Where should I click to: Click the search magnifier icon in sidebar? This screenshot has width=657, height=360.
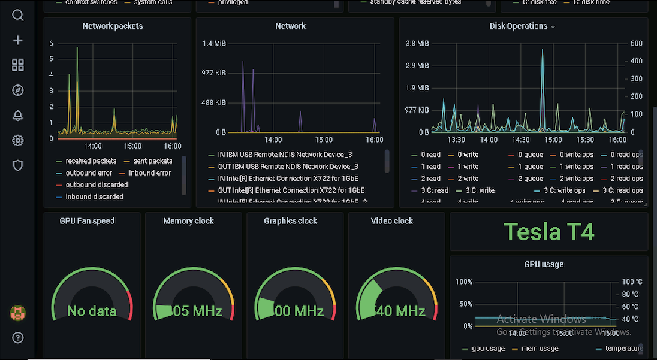click(x=18, y=15)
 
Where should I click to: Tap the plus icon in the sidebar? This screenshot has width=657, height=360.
click(x=18, y=40)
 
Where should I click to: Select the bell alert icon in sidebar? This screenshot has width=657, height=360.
click(x=18, y=116)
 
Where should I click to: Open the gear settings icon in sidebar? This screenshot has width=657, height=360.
click(x=18, y=141)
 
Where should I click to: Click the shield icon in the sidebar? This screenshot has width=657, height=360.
click(x=18, y=166)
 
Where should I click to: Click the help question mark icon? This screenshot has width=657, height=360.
click(x=18, y=338)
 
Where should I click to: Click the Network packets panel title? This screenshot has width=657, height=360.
click(x=113, y=26)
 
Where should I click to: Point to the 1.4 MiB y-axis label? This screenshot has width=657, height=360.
click(x=214, y=43)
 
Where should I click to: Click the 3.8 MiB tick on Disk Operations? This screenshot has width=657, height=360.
click(x=417, y=43)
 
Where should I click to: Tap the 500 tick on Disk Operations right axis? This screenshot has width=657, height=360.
click(x=636, y=43)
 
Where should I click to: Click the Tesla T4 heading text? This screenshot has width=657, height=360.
click(x=548, y=231)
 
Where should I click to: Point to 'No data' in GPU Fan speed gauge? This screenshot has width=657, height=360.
click(x=92, y=311)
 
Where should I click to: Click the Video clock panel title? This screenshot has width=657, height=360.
click(x=392, y=221)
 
